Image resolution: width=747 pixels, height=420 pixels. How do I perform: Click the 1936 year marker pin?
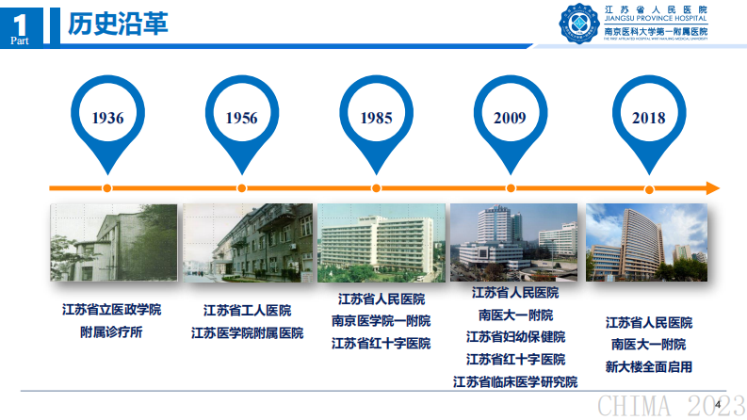tap(107, 118)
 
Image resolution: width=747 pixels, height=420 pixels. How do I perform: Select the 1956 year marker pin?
tap(241, 118)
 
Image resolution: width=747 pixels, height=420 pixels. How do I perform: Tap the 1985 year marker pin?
tap(377, 118)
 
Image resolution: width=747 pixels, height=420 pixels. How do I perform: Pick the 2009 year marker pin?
tap(510, 118)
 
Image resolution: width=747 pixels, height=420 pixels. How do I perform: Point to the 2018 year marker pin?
tap(648, 118)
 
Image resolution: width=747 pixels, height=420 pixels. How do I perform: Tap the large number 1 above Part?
tap(21, 19)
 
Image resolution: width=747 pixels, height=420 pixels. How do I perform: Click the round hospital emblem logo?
tap(579, 24)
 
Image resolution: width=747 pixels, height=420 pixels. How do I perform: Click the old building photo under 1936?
tap(113, 242)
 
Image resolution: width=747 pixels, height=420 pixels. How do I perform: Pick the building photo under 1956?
tap(248, 242)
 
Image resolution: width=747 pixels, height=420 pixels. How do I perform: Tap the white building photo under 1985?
tap(382, 242)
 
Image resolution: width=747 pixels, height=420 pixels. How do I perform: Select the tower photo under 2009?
tap(514, 242)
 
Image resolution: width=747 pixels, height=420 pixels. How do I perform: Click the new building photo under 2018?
tap(646, 242)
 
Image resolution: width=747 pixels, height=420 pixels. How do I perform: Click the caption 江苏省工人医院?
tap(247, 310)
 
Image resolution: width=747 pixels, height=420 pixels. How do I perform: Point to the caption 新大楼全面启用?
tap(648, 366)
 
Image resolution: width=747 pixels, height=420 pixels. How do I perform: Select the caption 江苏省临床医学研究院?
tap(514, 381)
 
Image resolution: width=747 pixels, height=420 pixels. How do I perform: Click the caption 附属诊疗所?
tap(111, 331)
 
